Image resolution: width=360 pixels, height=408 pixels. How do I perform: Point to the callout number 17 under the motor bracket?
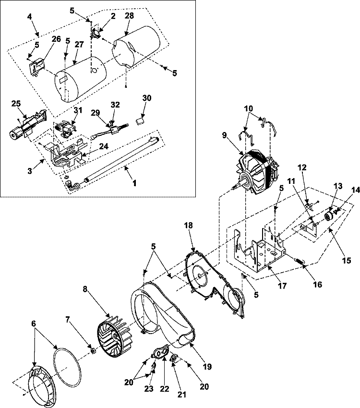[282, 285]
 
